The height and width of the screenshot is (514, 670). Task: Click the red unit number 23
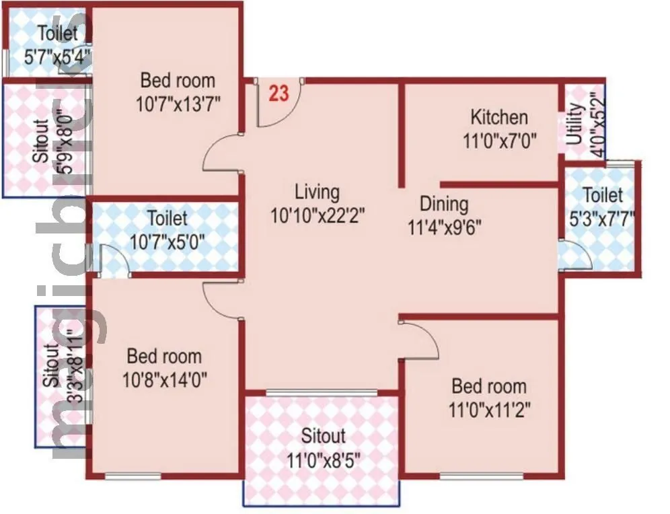[278, 94]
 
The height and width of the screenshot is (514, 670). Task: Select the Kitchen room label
[498, 118]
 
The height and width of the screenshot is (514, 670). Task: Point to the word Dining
[444, 203]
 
